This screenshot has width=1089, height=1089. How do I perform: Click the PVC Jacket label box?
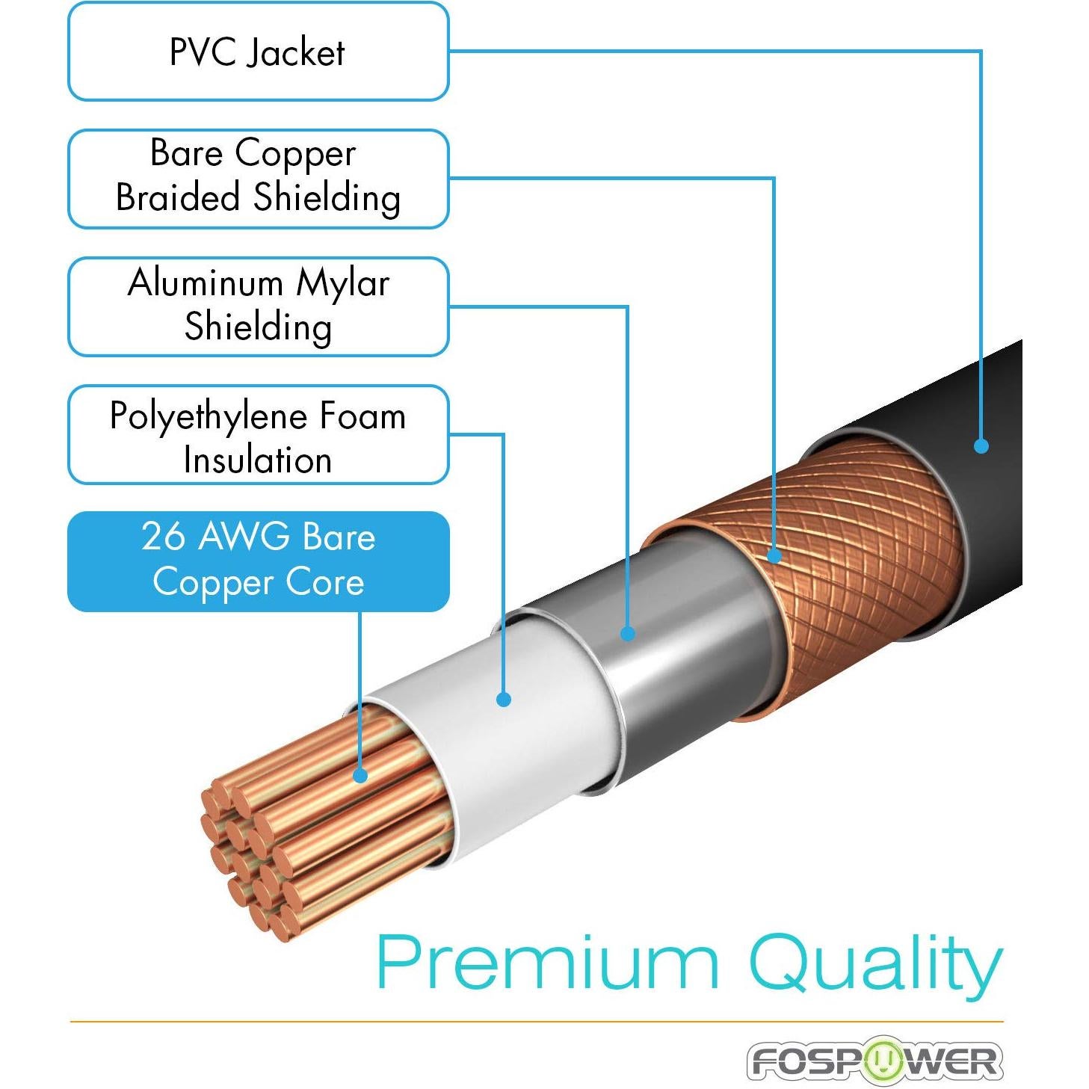click(x=258, y=52)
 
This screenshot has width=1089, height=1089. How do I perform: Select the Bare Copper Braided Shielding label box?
click(x=258, y=179)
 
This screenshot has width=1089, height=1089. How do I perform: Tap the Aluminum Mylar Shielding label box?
click(x=258, y=306)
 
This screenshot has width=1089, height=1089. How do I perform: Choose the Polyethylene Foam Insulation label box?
click(x=258, y=434)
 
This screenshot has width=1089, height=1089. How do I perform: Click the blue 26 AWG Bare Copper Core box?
click(x=258, y=561)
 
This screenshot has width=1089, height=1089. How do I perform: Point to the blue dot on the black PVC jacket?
click(x=981, y=446)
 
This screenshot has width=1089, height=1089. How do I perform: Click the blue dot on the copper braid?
click(x=774, y=555)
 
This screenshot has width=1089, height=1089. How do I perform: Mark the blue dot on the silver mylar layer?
click(x=628, y=634)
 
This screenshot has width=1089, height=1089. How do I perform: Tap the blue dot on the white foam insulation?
click(x=504, y=700)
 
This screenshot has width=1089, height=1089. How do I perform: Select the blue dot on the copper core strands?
click(x=360, y=776)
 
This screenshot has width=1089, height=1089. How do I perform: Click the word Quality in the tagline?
click(x=874, y=963)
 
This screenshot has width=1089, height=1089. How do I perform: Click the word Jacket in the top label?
click(x=297, y=52)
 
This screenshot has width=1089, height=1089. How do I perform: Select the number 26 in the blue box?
click(x=163, y=537)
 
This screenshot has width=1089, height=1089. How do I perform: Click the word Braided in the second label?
click(x=178, y=197)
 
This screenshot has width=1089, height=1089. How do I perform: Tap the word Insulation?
click(x=258, y=460)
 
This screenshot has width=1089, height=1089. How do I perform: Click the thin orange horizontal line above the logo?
click(x=537, y=1021)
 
